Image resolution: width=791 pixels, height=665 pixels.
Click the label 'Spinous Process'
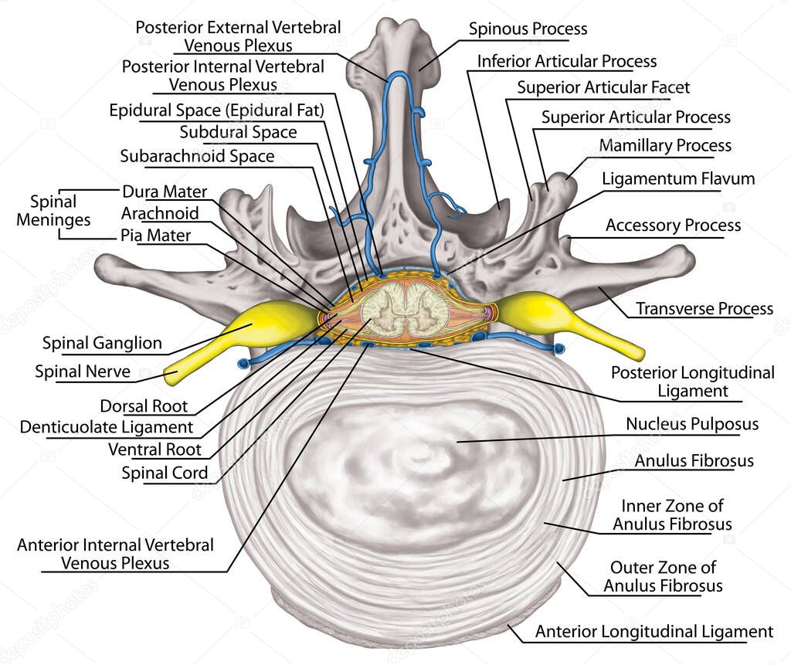coord(528,29)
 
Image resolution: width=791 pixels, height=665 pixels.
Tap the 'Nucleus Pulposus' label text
coord(692,424)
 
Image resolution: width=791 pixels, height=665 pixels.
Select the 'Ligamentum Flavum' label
coord(678,179)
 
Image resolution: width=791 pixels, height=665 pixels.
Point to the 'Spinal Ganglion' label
coord(102,343)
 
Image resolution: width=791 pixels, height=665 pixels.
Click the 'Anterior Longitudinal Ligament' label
coord(654,632)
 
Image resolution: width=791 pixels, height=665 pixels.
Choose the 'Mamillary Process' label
coord(665,145)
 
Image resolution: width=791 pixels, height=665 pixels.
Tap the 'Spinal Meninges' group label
coord(59,211)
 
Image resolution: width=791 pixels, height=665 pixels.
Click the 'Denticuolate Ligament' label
coord(107,427)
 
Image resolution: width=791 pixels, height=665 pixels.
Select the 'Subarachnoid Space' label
coord(197,156)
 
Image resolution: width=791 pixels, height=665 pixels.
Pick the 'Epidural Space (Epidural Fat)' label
coord(216,110)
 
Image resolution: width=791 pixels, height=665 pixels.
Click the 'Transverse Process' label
coord(704,309)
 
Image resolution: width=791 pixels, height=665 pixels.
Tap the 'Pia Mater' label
coord(155,235)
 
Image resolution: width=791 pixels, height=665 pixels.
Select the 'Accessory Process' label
coord(673,226)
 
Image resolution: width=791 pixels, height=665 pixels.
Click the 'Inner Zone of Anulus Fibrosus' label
coord(672,515)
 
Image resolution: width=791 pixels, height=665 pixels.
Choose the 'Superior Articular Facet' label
coord(603,87)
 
